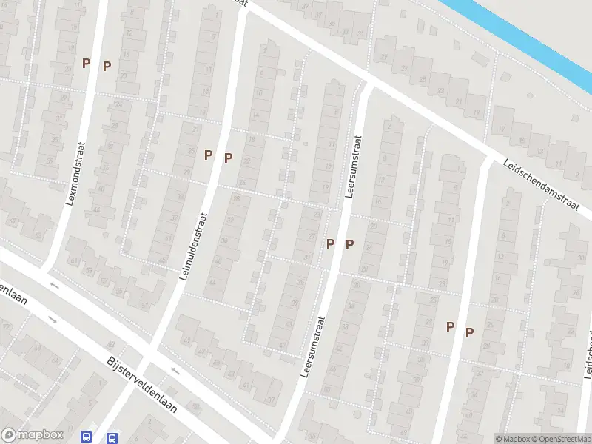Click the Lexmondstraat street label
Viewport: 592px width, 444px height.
[77, 174]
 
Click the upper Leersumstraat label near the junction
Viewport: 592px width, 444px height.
[354, 166]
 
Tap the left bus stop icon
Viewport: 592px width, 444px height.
[87, 437]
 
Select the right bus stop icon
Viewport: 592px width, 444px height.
[112, 437]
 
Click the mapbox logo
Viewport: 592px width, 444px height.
[30, 435]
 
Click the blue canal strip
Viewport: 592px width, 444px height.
[518, 33]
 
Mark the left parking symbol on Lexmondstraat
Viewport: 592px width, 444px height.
[86, 64]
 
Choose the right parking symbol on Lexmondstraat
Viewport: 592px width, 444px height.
[107, 66]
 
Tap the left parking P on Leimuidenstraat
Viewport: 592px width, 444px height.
[209, 155]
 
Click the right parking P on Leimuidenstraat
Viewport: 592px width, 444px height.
[229, 158]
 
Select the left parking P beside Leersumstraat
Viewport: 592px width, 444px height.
[331, 243]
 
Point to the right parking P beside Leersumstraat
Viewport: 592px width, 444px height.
[350, 244]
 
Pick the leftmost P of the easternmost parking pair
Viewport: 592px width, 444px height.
[450, 326]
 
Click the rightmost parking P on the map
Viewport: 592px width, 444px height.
[469, 333]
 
